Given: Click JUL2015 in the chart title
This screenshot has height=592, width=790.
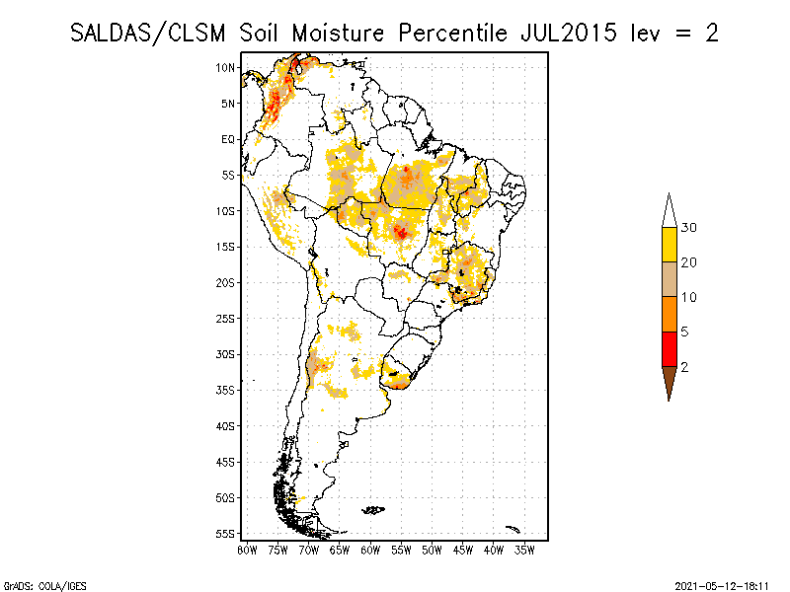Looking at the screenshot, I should pyautogui.click(x=562, y=33).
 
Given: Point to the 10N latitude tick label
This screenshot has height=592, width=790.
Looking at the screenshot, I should pyautogui.click(x=226, y=67).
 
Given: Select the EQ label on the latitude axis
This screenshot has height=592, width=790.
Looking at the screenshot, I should pyautogui.click(x=228, y=139).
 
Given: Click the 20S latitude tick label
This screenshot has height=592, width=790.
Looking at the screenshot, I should pyautogui.click(x=226, y=282).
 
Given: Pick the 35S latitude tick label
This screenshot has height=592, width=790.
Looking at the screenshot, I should pyautogui.click(x=226, y=390).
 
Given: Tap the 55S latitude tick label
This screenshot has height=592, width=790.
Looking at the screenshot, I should pyautogui.click(x=226, y=533).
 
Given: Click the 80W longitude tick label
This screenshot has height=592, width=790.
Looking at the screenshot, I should pyautogui.click(x=247, y=550).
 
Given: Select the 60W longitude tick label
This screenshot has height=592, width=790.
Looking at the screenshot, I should pyautogui.click(x=370, y=550).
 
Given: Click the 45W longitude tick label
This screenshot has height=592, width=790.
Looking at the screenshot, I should pyautogui.click(x=463, y=550).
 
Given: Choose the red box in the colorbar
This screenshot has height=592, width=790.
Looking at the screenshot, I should pyautogui.click(x=669, y=348).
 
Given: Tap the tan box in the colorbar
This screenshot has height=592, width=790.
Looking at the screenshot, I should pyautogui.click(x=669, y=279).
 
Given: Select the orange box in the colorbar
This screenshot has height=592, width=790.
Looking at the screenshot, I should pyautogui.click(x=669, y=314).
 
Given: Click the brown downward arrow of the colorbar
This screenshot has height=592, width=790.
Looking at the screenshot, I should pyautogui.click(x=669, y=381).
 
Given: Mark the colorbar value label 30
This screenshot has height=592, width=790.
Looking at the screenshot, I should pyautogui.click(x=690, y=228).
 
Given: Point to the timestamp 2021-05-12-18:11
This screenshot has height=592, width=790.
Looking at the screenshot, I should pyautogui.click(x=723, y=584).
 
